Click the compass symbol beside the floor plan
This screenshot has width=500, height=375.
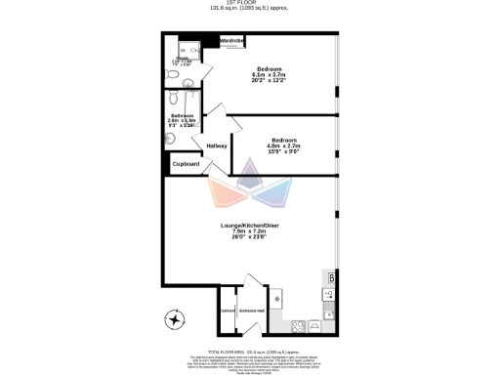click(x=176, y=319)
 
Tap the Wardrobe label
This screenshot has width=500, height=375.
click(x=231, y=41)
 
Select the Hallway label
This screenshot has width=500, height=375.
click(x=217, y=146)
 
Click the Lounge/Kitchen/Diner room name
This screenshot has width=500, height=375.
click(x=249, y=225)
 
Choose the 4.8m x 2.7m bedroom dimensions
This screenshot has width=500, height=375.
click(x=284, y=146)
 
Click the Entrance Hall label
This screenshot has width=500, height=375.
click(x=252, y=311)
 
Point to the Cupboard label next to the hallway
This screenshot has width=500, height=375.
click(x=186, y=164)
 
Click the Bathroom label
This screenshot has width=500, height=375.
click(x=182, y=115)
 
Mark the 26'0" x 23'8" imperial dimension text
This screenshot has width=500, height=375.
click(x=249, y=237)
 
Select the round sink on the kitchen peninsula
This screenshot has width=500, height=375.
click(x=277, y=298)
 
